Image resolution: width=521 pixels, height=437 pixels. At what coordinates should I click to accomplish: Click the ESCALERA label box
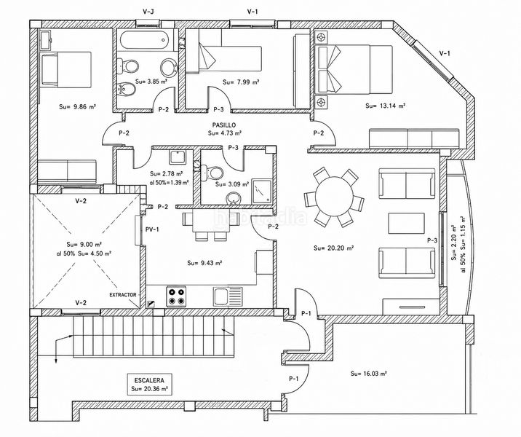pos(149,384)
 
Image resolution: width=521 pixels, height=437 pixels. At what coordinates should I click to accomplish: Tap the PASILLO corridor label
pos(224,125)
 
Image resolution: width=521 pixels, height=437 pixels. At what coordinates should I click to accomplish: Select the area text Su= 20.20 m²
pos(333,248)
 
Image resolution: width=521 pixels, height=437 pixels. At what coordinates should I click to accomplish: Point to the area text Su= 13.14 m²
pos(386,106)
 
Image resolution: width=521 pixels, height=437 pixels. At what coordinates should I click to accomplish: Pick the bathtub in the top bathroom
pos(144,40)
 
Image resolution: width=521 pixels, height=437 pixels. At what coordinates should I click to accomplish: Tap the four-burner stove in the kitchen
pos(176,296)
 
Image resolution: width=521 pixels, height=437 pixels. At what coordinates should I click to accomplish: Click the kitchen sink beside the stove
pos(228,296)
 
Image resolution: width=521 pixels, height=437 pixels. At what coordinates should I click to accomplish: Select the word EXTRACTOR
pos(123,295)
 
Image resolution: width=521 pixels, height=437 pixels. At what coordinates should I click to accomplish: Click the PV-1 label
pos(152,229)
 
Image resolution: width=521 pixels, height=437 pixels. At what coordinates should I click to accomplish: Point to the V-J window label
pos(148,12)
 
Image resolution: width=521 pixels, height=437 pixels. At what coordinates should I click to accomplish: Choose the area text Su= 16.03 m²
pos(368,374)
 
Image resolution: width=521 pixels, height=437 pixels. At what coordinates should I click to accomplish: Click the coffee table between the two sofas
pos(406,223)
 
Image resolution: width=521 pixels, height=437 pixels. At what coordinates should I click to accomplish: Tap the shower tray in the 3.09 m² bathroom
pos(261,191)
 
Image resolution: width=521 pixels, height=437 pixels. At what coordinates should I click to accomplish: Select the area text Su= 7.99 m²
pos(241,82)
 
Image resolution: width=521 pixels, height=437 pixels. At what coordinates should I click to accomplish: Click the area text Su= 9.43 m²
pos(204,263)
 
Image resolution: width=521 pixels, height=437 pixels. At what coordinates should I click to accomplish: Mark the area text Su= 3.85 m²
pos(151,81)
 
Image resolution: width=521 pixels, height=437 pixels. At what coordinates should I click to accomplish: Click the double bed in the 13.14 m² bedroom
pos(355,69)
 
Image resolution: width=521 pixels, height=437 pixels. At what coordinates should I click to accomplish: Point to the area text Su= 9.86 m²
pos(78,107)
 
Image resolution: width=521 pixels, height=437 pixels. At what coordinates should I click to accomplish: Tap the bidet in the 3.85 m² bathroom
pos(126,90)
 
